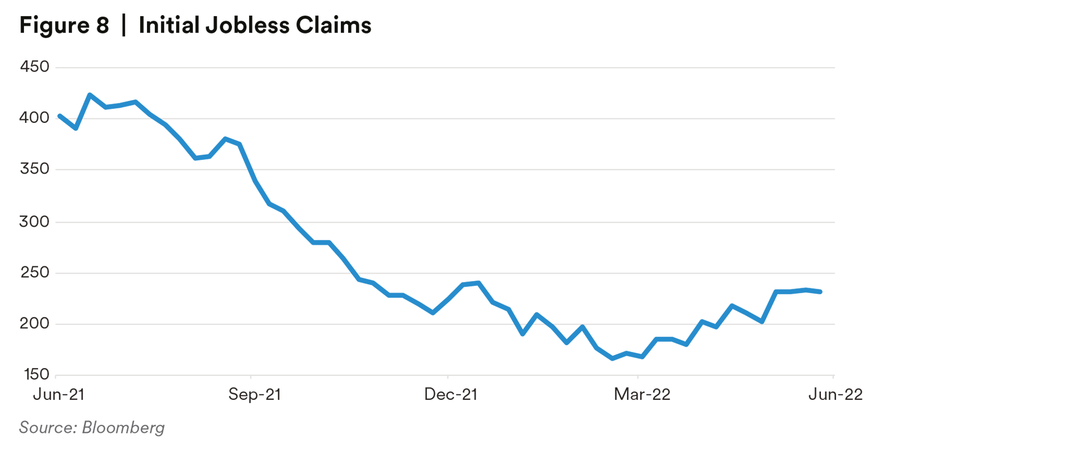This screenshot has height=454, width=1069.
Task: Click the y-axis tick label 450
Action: pos(35,67)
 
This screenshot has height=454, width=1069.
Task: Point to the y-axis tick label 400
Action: pos(35,118)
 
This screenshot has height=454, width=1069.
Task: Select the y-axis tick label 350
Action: pos(35,169)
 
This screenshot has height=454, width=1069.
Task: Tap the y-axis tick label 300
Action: pos(35,222)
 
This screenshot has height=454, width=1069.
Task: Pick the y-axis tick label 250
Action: pos(35,273)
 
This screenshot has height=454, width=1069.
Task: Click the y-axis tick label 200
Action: pos(35,323)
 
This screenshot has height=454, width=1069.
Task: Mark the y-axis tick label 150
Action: pos(36,374)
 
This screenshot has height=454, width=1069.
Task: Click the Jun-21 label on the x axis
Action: pos(59,395)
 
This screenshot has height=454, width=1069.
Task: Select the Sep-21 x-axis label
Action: pos(254,395)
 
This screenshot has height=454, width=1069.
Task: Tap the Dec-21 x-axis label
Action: pos(450,395)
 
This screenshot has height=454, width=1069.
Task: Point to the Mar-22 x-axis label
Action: pos(642,395)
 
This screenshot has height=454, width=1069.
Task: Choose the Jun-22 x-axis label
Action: pos(835,395)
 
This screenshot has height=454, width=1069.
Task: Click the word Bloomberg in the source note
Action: pos(123,428)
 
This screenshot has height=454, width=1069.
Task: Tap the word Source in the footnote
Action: pos(47,428)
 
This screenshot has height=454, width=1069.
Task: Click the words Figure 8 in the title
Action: pos(64,26)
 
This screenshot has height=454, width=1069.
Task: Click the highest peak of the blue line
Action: pos(90,95)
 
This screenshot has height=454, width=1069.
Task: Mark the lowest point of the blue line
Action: pos(612,359)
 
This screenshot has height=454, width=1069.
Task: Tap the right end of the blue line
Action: pos(820,291)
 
